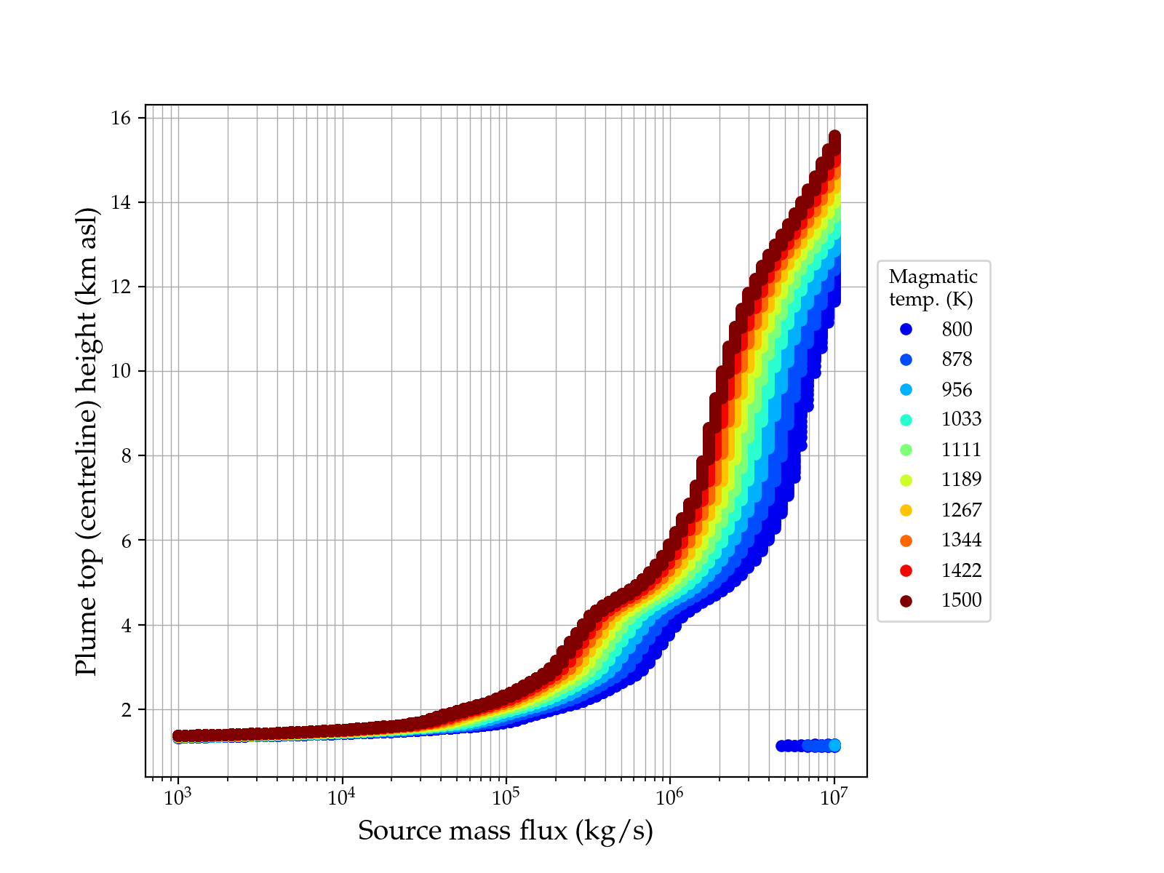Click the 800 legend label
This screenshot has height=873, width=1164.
point(957,330)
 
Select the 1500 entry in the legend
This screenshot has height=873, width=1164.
point(961,600)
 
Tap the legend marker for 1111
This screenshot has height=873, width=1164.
point(906,450)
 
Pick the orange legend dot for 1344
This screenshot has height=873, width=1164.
point(906,541)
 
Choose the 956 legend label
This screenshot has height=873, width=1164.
point(957,390)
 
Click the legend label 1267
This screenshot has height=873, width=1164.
point(961,510)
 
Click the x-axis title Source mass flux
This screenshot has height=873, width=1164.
point(506,831)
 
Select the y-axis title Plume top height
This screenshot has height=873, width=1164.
point(87,441)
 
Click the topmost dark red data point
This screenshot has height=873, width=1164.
point(834,137)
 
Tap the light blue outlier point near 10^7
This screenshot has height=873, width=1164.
point(834,745)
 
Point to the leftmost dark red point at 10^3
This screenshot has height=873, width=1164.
point(178,736)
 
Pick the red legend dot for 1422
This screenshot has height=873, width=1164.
point(906,570)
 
